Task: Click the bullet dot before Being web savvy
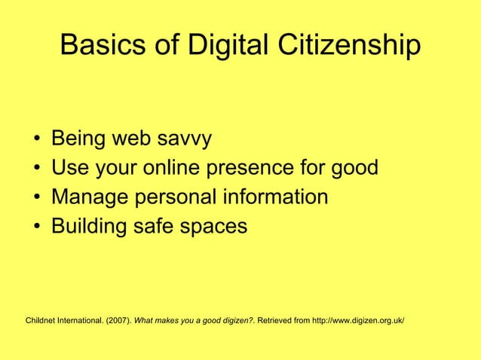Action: tap(37, 140)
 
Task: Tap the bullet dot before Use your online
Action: tap(37, 169)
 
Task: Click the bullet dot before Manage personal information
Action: tap(37, 197)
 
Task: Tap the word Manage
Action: tap(90, 197)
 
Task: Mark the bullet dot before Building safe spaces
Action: tap(37, 226)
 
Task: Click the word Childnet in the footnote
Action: tap(41, 321)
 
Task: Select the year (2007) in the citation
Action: tap(117, 321)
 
